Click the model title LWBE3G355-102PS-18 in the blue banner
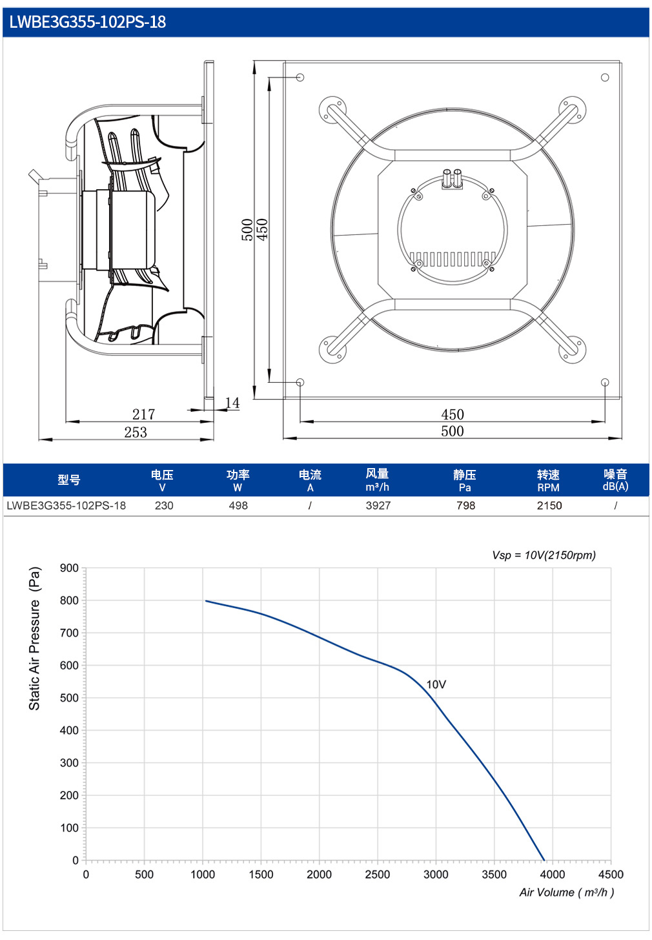pyautogui.click(x=88, y=22)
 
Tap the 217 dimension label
pyautogui.click(x=143, y=414)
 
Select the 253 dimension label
pyautogui.click(x=136, y=432)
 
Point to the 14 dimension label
pyautogui.click(x=232, y=403)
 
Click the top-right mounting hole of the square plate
pyautogui.click(x=605, y=77)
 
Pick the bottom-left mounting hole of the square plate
pyautogui.click(x=300, y=382)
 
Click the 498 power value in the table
pyautogui.click(x=238, y=506)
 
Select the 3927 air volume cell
pyautogui.click(x=378, y=506)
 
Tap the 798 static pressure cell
pyautogui.click(x=465, y=506)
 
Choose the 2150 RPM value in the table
pyautogui.click(x=549, y=506)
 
